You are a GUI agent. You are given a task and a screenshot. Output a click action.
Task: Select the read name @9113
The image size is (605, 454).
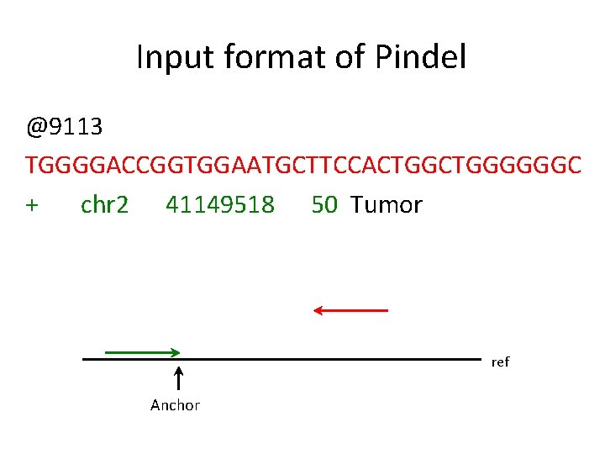[65, 127]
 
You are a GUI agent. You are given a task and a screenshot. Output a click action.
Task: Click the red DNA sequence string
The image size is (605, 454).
[302, 166]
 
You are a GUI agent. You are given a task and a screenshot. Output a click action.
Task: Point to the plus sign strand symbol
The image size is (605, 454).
[33, 205]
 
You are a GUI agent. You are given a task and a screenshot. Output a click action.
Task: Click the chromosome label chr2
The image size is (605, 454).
[105, 205]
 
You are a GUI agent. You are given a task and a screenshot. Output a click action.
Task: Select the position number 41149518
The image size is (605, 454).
[220, 205]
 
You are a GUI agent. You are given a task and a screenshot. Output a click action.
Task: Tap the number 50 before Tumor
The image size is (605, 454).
[324, 205]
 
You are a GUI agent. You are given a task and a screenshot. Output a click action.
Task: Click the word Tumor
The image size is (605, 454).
[387, 205]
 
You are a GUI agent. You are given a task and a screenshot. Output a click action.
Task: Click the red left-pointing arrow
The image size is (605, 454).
[350, 310]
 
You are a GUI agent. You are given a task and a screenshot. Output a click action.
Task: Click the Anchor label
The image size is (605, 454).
[175, 405]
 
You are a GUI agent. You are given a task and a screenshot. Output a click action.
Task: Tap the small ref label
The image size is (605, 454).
[500, 362]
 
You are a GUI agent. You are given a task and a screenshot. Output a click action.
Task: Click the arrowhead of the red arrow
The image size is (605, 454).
[318, 310]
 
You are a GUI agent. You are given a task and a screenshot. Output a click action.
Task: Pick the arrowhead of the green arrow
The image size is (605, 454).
[176, 351]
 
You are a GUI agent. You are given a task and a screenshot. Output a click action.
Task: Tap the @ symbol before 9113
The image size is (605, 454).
[35, 128]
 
